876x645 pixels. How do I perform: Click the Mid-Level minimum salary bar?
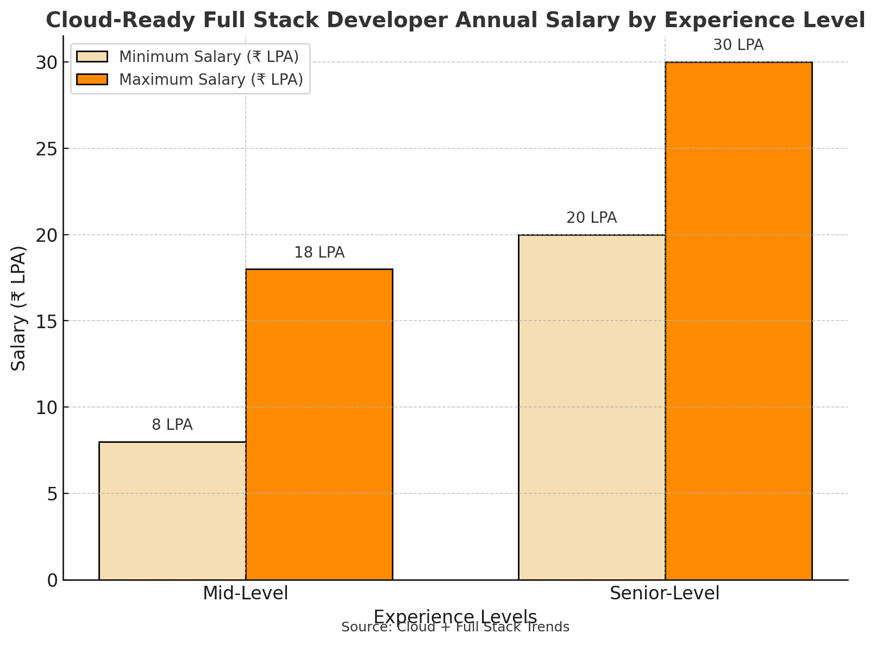172,511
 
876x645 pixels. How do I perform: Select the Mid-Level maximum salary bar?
319,424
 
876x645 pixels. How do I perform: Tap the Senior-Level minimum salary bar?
592,407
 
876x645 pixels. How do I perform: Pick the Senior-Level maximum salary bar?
739,321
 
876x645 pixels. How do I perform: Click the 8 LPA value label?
172,425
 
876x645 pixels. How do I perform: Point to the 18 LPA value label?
319,253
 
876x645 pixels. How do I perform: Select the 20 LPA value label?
592,218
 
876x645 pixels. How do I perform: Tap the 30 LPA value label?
739,45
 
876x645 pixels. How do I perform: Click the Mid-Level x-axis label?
246,593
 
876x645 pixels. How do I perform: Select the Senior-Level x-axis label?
665,593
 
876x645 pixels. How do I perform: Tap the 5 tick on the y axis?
52,494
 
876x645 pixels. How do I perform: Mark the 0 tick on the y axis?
52,580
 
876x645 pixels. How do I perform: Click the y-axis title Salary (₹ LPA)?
19,308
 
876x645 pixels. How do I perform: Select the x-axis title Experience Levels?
455,616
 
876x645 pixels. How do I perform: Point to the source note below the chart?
455,628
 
